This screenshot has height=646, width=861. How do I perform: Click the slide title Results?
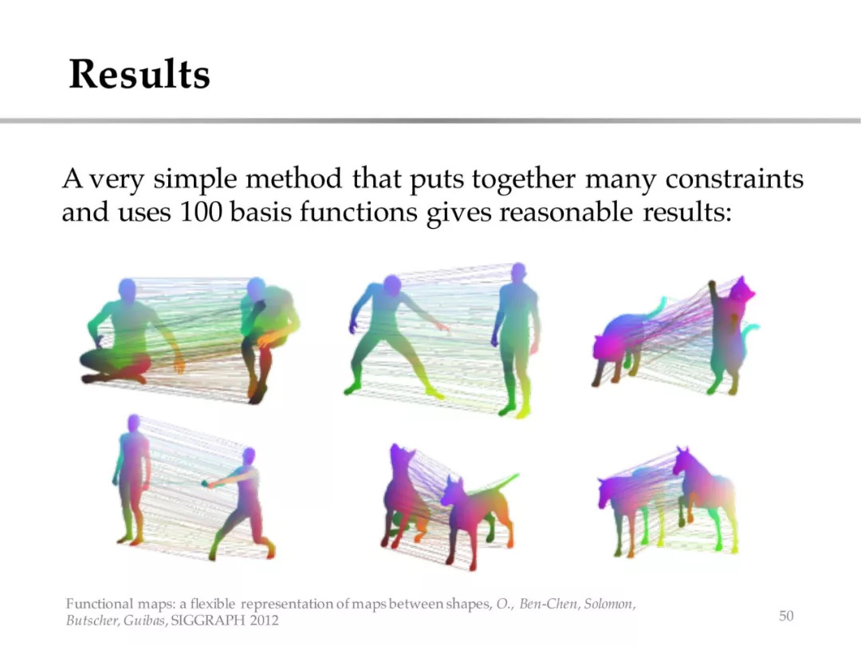(x=140, y=73)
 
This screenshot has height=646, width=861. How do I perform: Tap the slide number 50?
(x=786, y=616)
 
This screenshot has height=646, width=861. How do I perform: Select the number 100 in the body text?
(x=200, y=212)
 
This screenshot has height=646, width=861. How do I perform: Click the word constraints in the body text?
(x=734, y=179)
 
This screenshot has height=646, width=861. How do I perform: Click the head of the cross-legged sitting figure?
(x=127, y=289)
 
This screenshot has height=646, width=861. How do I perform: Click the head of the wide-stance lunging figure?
(x=391, y=286)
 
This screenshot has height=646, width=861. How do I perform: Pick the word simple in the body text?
(x=195, y=179)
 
